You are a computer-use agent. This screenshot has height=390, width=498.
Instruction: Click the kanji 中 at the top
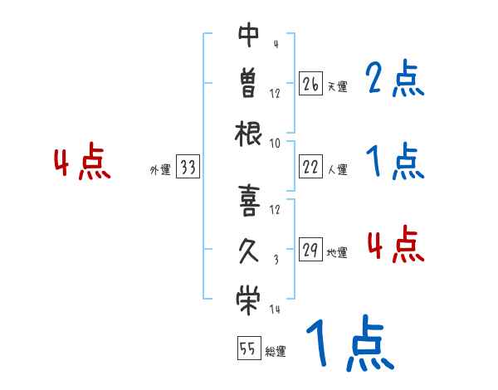(x=249, y=36)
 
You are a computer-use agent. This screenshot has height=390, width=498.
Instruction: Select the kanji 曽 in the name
(x=249, y=85)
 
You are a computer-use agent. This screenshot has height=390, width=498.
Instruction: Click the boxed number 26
(x=310, y=84)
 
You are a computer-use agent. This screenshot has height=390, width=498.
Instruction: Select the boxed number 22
(x=310, y=167)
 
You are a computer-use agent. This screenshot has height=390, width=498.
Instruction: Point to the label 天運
(x=337, y=86)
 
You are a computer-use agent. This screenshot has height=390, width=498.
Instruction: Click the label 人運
(x=337, y=169)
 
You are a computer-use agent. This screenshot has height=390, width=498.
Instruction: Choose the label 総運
(x=275, y=351)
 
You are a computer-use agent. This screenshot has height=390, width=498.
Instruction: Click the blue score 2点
(x=394, y=80)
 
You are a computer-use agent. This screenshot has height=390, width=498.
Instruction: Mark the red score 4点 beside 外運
(x=81, y=163)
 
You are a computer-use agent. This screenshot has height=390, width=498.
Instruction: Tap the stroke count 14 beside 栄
(x=274, y=310)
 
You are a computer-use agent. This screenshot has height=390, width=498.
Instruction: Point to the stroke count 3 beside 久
(x=275, y=260)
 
